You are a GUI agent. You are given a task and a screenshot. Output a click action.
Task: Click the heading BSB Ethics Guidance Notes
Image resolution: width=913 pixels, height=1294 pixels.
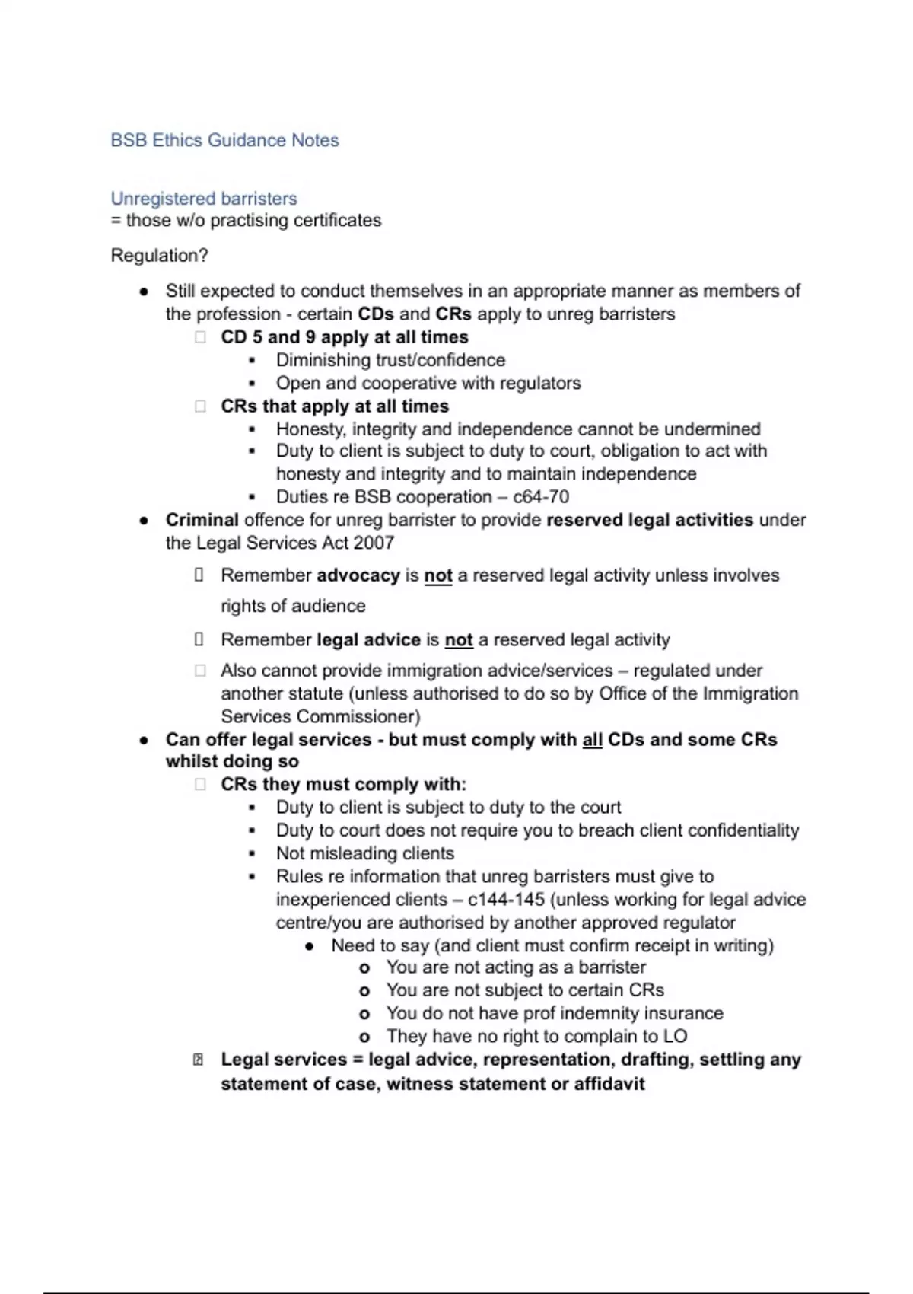click(x=224, y=140)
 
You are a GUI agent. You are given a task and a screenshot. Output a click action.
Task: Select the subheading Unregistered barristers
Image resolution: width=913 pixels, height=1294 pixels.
click(x=204, y=199)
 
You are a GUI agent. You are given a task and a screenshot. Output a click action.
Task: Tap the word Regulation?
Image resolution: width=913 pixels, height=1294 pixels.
click(x=159, y=256)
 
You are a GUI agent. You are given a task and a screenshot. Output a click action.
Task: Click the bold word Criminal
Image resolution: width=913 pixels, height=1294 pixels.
click(x=202, y=520)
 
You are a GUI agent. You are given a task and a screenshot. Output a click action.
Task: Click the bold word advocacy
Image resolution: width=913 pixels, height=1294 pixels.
click(x=358, y=575)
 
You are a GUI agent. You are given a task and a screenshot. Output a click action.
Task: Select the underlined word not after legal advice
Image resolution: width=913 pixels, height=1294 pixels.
click(x=459, y=640)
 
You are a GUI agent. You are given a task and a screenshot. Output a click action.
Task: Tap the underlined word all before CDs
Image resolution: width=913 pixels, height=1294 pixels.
click(x=592, y=740)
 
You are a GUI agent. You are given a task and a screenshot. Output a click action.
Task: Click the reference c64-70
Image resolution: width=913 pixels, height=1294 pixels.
click(x=541, y=497)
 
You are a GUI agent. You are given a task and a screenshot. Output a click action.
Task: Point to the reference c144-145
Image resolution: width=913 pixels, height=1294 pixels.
click(x=506, y=900)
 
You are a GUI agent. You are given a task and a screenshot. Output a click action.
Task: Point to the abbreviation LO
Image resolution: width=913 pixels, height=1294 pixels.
click(x=675, y=1037)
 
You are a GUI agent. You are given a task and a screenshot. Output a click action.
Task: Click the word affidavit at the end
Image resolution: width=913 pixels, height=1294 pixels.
click(x=609, y=1084)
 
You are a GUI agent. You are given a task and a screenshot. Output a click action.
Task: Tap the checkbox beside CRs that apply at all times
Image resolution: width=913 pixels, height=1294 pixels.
click(x=200, y=406)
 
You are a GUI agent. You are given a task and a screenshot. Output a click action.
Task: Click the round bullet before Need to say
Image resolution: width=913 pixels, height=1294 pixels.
click(x=309, y=946)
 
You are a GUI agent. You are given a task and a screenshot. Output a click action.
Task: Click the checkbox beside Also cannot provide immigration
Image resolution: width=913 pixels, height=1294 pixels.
click(x=200, y=671)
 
